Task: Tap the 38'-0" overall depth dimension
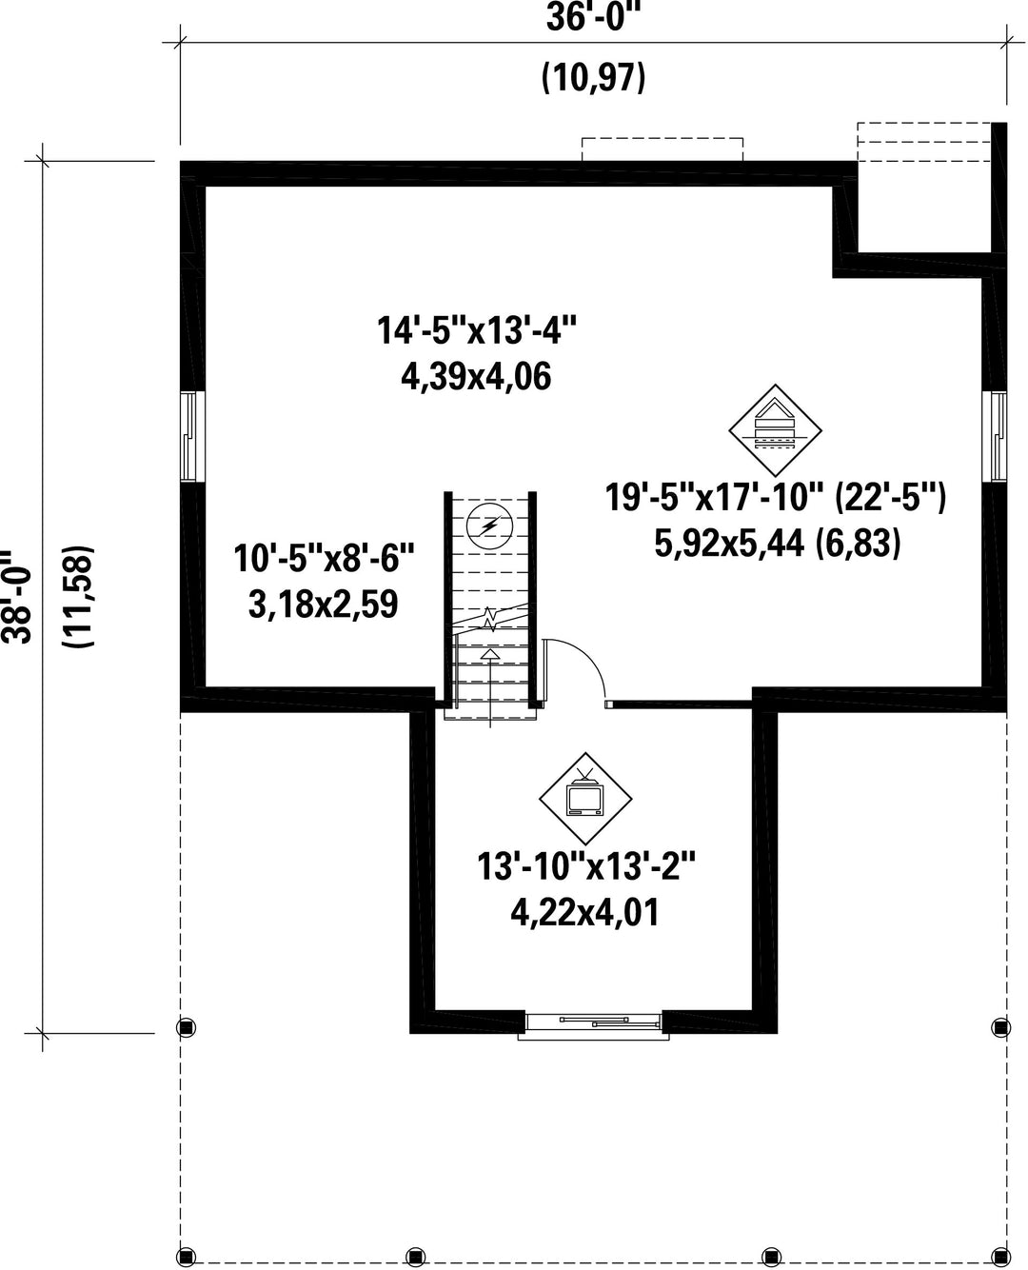coord(18,596)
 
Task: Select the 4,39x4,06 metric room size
coord(476,377)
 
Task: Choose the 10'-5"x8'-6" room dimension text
coord(324,559)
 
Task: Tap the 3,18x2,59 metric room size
coord(323,604)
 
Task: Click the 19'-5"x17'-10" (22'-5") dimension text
coord(776,497)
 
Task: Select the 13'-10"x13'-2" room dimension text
coord(586,865)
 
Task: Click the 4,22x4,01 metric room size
coord(585,912)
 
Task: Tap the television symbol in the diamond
coord(585,799)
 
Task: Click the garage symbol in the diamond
coord(776,430)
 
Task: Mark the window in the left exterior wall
coord(189,436)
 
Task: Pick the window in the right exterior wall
coord(995,436)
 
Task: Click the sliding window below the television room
coord(594,1023)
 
